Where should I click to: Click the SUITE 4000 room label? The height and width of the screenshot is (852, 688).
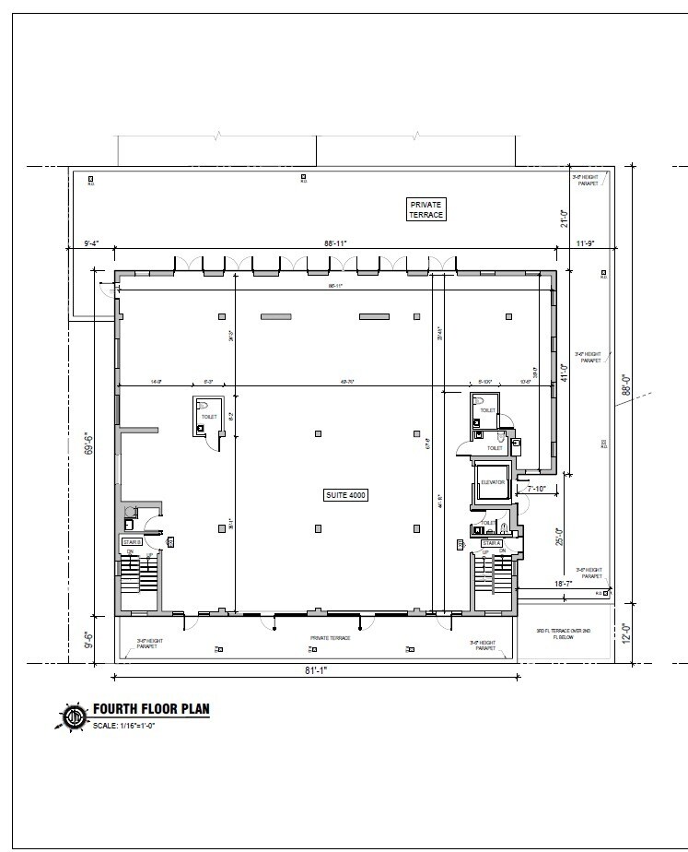click(346, 495)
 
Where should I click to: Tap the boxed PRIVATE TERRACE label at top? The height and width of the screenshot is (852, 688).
click(426, 209)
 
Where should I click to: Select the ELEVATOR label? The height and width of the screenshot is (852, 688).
click(492, 481)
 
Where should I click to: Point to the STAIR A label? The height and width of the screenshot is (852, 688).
click(491, 543)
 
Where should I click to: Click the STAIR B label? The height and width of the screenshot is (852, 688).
click(132, 541)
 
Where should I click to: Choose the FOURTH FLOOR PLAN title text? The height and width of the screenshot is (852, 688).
click(151, 710)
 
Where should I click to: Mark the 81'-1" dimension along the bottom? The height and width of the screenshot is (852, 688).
click(314, 670)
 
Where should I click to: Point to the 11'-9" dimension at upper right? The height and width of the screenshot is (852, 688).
click(586, 244)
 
